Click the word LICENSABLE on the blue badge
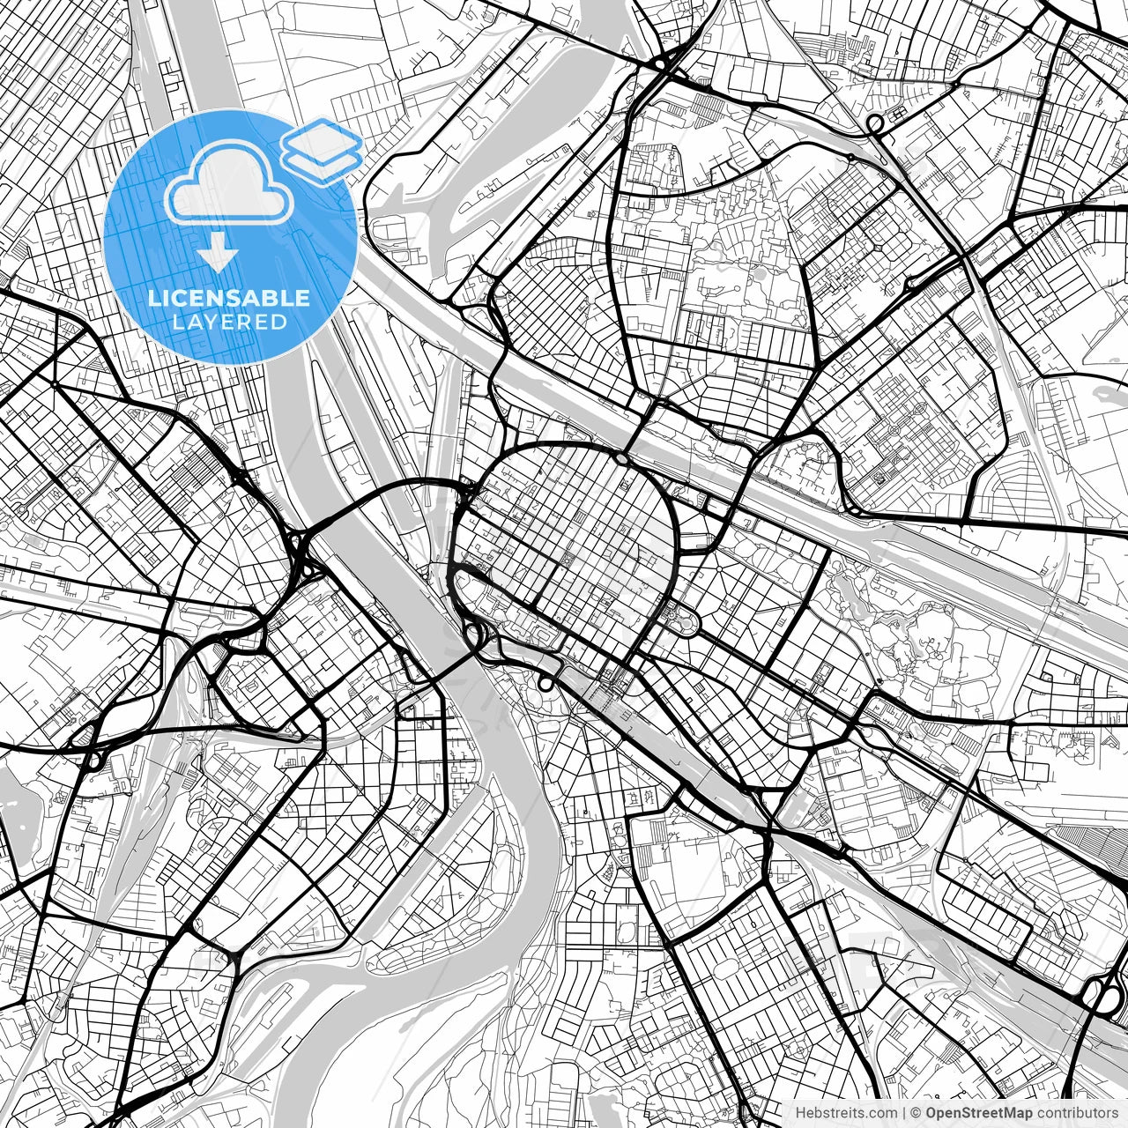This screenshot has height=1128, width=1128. pyautogui.click(x=229, y=298)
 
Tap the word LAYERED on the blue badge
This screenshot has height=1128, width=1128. pyautogui.click(x=229, y=323)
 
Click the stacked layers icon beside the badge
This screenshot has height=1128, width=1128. pyautogui.click(x=323, y=150)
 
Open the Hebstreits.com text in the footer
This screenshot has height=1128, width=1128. pyautogui.click(x=846, y=1113)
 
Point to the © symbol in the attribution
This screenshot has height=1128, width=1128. pyautogui.click(x=916, y=1113)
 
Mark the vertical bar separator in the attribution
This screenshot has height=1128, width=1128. pyautogui.click(x=904, y=1113)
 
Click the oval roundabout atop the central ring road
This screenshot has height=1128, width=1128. pyautogui.click(x=621, y=458)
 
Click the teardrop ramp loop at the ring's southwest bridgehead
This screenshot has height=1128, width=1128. pyautogui.click(x=474, y=634)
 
